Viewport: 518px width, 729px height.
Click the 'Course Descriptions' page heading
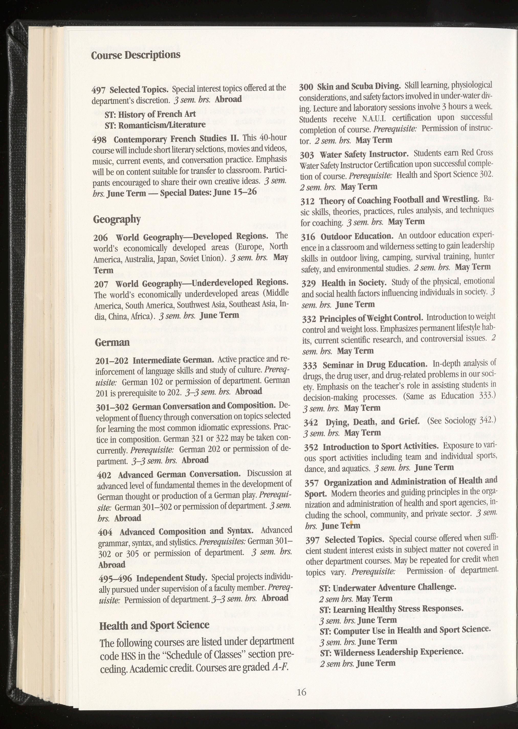coord(136,55)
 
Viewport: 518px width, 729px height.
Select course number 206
coord(101,238)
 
